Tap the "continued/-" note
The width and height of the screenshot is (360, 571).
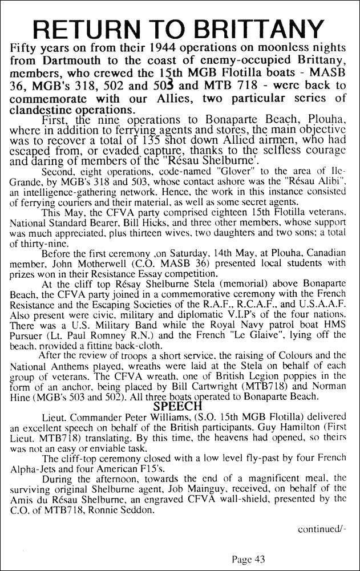pos(321,528)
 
